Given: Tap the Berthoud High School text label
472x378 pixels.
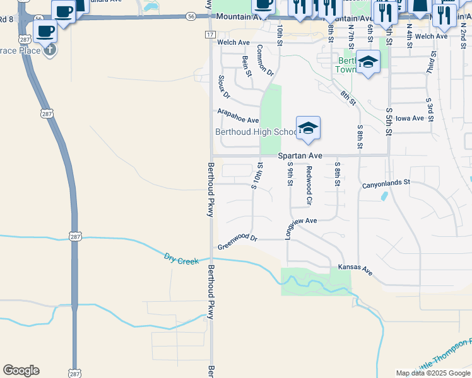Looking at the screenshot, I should coord(256,132).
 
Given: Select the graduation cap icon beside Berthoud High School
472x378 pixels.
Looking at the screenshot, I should coord(308,128).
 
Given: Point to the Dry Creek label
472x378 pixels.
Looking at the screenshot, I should coord(181,259).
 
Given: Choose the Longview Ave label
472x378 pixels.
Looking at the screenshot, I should coord(300,221).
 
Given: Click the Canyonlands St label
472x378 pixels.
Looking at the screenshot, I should coord(386,185).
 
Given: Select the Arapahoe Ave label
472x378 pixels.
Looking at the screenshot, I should coord(238,116).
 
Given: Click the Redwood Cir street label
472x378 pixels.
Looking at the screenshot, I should coord(309,185).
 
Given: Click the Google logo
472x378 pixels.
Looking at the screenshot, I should coord(21,370).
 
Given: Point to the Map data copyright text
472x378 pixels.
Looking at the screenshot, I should coord(433,373).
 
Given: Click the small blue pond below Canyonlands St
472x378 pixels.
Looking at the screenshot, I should coord(384,196).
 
